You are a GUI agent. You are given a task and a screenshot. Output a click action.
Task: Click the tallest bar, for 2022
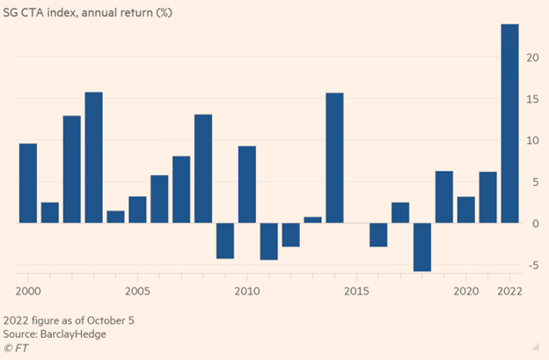pos(509,123)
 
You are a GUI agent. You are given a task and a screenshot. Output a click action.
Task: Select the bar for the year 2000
pos(27,183)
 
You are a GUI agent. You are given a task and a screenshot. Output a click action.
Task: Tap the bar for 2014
pos(334,158)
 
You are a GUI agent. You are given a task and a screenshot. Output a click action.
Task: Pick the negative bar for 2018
pos(422,247)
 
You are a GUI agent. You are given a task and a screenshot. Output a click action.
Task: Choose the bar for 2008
pos(203,169)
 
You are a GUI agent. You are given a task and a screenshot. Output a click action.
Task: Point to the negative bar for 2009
pos(225,241)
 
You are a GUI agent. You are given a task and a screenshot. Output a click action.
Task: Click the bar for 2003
pos(93,158)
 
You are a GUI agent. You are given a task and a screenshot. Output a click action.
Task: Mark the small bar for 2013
pos(312,220)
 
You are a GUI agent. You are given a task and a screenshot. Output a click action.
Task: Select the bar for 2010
pos(247,185)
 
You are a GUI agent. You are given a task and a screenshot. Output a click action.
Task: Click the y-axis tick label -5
pos(532,265)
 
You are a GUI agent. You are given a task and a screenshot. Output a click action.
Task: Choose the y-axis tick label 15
pos(532,99)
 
